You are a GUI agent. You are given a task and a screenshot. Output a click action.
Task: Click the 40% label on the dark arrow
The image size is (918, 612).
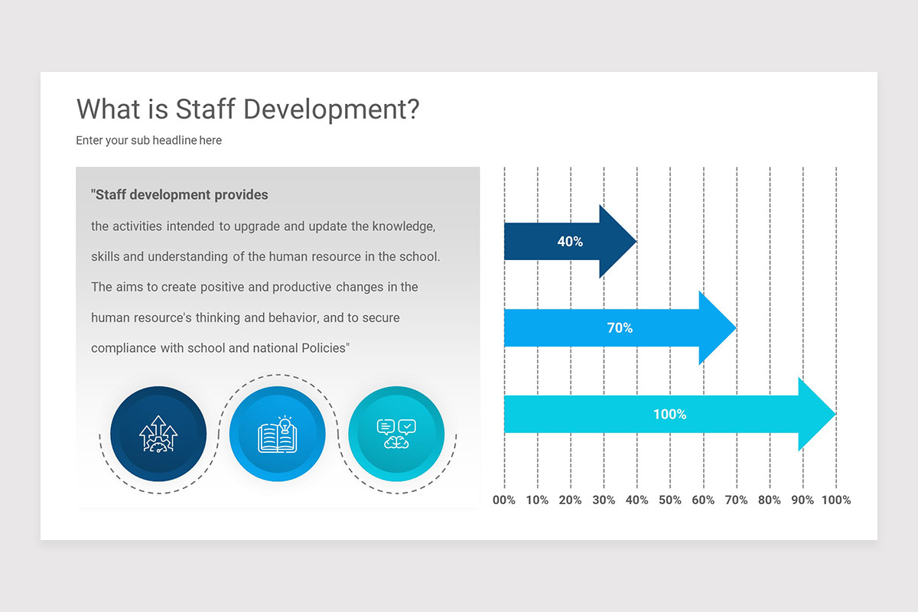(570, 242)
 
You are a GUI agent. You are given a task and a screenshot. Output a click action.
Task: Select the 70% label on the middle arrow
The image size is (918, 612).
(620, 327)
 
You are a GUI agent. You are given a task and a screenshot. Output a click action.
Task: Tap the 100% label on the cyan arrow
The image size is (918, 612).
(669, 414)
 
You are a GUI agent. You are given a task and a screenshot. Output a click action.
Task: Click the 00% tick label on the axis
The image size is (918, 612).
(504, 500)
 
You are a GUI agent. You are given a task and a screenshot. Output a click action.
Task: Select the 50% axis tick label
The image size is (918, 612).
(669, 500)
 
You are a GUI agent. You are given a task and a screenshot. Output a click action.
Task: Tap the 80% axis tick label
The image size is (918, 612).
(770, 500)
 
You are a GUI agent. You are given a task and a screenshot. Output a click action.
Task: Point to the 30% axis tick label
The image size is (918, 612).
(604, 500)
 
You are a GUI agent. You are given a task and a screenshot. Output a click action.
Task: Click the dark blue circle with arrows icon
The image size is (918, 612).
(158, 435)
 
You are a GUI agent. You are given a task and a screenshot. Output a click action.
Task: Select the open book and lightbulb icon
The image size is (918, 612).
(277, 435)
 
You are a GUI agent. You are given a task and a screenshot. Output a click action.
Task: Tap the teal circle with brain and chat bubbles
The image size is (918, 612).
(396, 435)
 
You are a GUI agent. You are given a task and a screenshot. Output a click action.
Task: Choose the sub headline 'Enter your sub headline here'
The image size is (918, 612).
(148, 141)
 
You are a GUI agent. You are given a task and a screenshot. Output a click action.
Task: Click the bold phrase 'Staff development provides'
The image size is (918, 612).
(180, 195)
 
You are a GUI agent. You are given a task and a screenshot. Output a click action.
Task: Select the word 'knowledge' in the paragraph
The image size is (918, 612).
(404, 226)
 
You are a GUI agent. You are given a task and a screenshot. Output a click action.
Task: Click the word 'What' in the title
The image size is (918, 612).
(108, 109)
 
